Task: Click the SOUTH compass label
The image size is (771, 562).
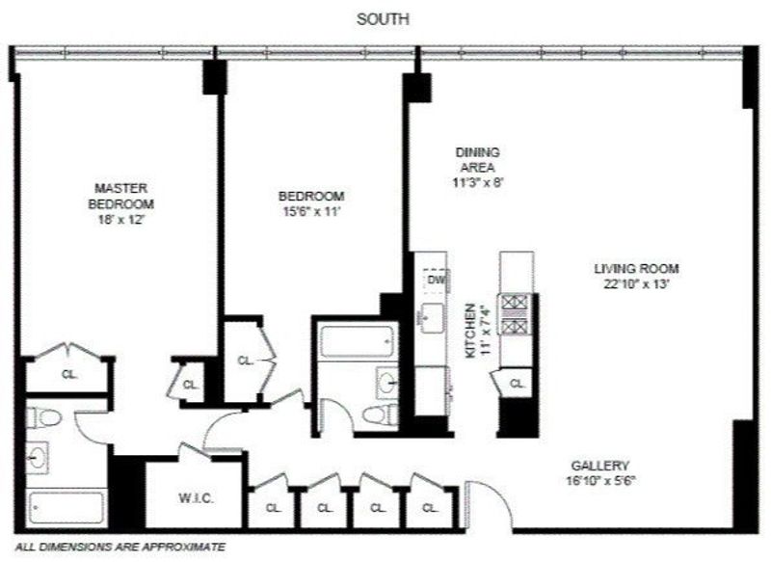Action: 383,19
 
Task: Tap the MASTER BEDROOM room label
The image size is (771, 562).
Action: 120,196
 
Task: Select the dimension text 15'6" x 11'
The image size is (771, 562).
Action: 311,212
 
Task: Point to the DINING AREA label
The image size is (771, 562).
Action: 477,160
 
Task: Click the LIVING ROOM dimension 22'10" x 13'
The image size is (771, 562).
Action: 637,283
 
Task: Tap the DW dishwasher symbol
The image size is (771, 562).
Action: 437,281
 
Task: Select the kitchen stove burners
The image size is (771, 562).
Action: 515,314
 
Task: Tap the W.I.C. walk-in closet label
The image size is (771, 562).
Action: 196,498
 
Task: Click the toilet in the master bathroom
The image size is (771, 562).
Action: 44,418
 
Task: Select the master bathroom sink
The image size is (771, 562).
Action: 38,457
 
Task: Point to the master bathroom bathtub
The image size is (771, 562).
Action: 66,507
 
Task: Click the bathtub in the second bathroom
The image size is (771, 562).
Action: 357,340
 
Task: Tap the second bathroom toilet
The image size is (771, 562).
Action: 381,414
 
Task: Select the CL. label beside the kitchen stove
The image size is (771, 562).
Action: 517,383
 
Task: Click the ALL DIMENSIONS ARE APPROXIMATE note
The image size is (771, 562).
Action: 120,547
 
